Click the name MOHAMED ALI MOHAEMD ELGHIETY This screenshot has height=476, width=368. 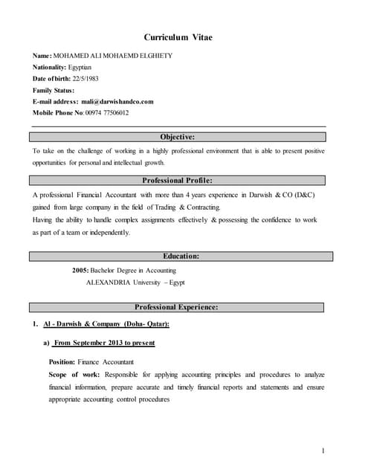pos(120,57)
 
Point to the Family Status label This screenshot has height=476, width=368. pos(54,90)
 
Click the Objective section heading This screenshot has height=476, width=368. pos(178,137)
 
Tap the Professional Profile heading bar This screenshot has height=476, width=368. pos(178,180)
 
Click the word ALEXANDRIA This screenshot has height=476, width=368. pos(112,283)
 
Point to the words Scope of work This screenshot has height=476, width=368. pos(74,375)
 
